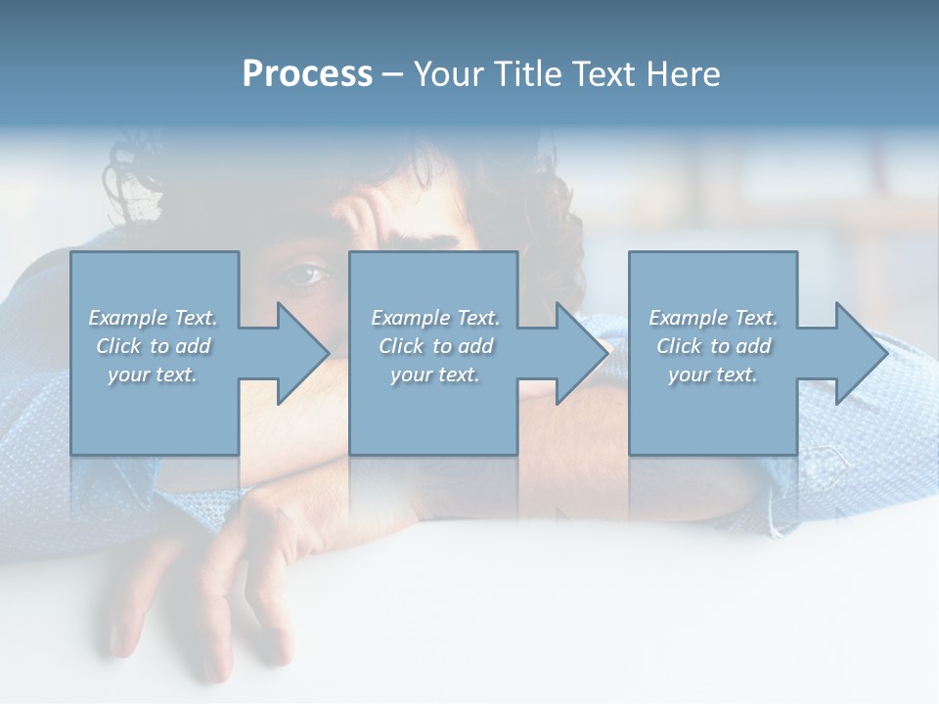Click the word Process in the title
pos(307,74)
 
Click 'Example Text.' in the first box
pos(153,318)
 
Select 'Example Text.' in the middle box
pos(435,318)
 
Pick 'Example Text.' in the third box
pos(713,318)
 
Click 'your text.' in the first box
pos(153,374)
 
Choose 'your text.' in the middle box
pos(435,374)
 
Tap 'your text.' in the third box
pos(713,374)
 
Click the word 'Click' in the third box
pos(679,346)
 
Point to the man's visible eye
pos(305,275)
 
